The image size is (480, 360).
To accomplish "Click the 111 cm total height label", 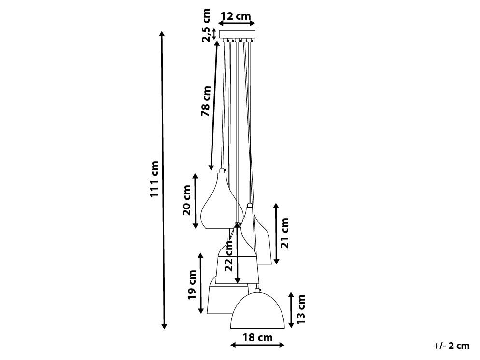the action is (x=155, y=179).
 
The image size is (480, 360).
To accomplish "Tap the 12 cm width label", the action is (x=236, y=16).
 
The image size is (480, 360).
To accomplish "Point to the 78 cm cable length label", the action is (x=206, y=101).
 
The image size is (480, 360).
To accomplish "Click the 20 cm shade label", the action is (x=187, y=200).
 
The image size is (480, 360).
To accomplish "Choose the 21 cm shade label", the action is (x=285, y=233).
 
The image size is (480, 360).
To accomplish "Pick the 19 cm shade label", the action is (x=192, y=284).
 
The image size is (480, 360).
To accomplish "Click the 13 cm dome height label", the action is (x=301, y=309).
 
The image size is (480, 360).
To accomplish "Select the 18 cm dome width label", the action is (x=258, y=338).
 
